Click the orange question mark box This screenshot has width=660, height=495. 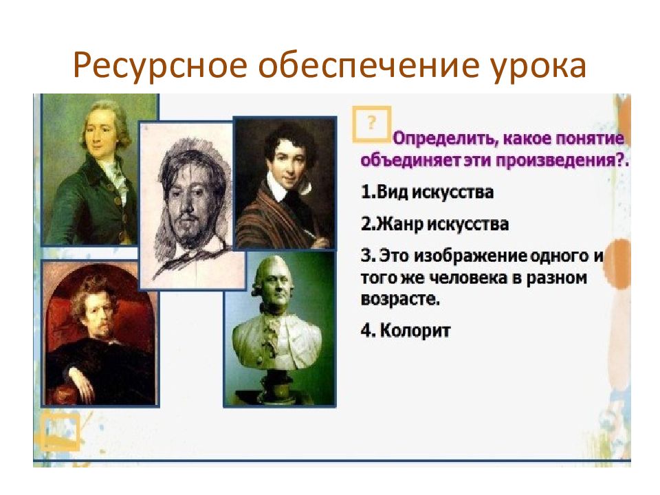tap(371, 124)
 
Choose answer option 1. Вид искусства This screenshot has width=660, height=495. tap(427, 192)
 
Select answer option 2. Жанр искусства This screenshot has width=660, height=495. tap(434, 223)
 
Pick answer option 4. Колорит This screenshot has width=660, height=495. tap(406, 331)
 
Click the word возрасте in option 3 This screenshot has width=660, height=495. tap(400, 299)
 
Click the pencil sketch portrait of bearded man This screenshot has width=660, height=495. tap(192, 206)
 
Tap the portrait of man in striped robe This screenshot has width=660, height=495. tap(285, 183)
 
